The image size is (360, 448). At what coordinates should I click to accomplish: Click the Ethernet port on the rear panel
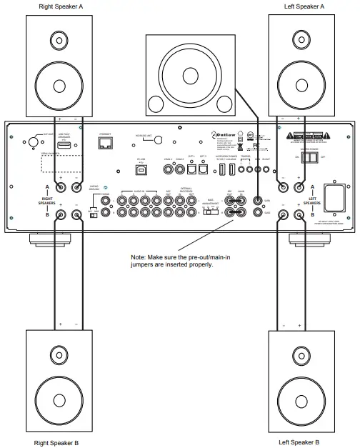106,144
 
